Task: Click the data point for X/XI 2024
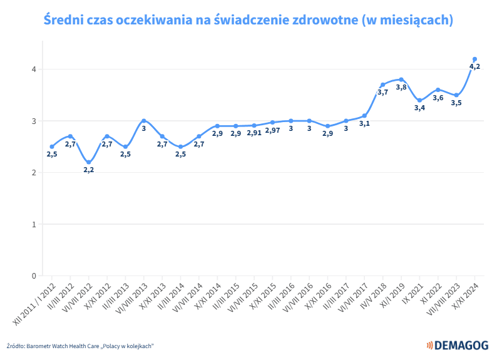pyautogui.click(x=474, y=59)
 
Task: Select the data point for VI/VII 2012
pyautogui.click(x=89, y=162)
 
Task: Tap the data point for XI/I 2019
pyautogui.click(x=401, y=80)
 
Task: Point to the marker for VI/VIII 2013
pyautogui.click(x=144, y=121)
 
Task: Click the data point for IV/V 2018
pyautogui.click(x=382, y=85)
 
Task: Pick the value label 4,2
pyautogui.click(x=474, y=67)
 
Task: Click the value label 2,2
pyautogui.click(x=89, y=170)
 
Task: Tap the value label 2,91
pyautogui.click(x=254, y=133)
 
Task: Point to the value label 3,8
pyautogui.click(x=401, y=88)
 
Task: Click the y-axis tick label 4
pyautogui.click(x=35, y=69)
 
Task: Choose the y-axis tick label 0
pyautogui.click(x=35, y=276)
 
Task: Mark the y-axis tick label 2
pyautogui.click(x=35, y=173)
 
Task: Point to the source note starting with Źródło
pyautogui.click(x=81, y=346)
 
